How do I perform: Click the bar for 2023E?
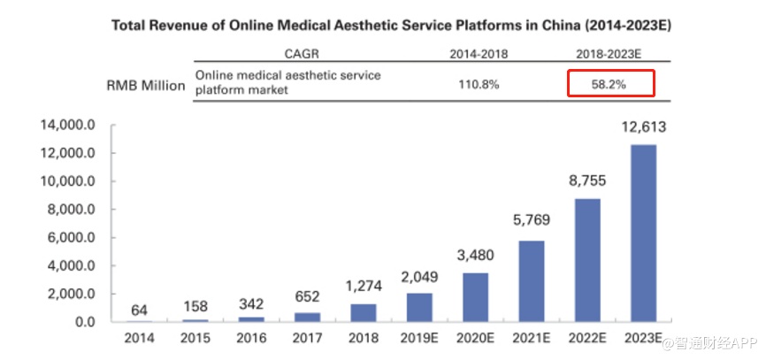(x=643, y=233)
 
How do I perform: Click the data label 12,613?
(x=643, y=127)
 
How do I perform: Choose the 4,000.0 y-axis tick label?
(x=69, y=266)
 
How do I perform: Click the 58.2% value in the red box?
(x=609, y=85)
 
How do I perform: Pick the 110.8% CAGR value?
(x=479, y=85)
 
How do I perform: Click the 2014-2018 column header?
(x=479, y=55)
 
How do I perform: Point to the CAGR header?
(x=302, y=55)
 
